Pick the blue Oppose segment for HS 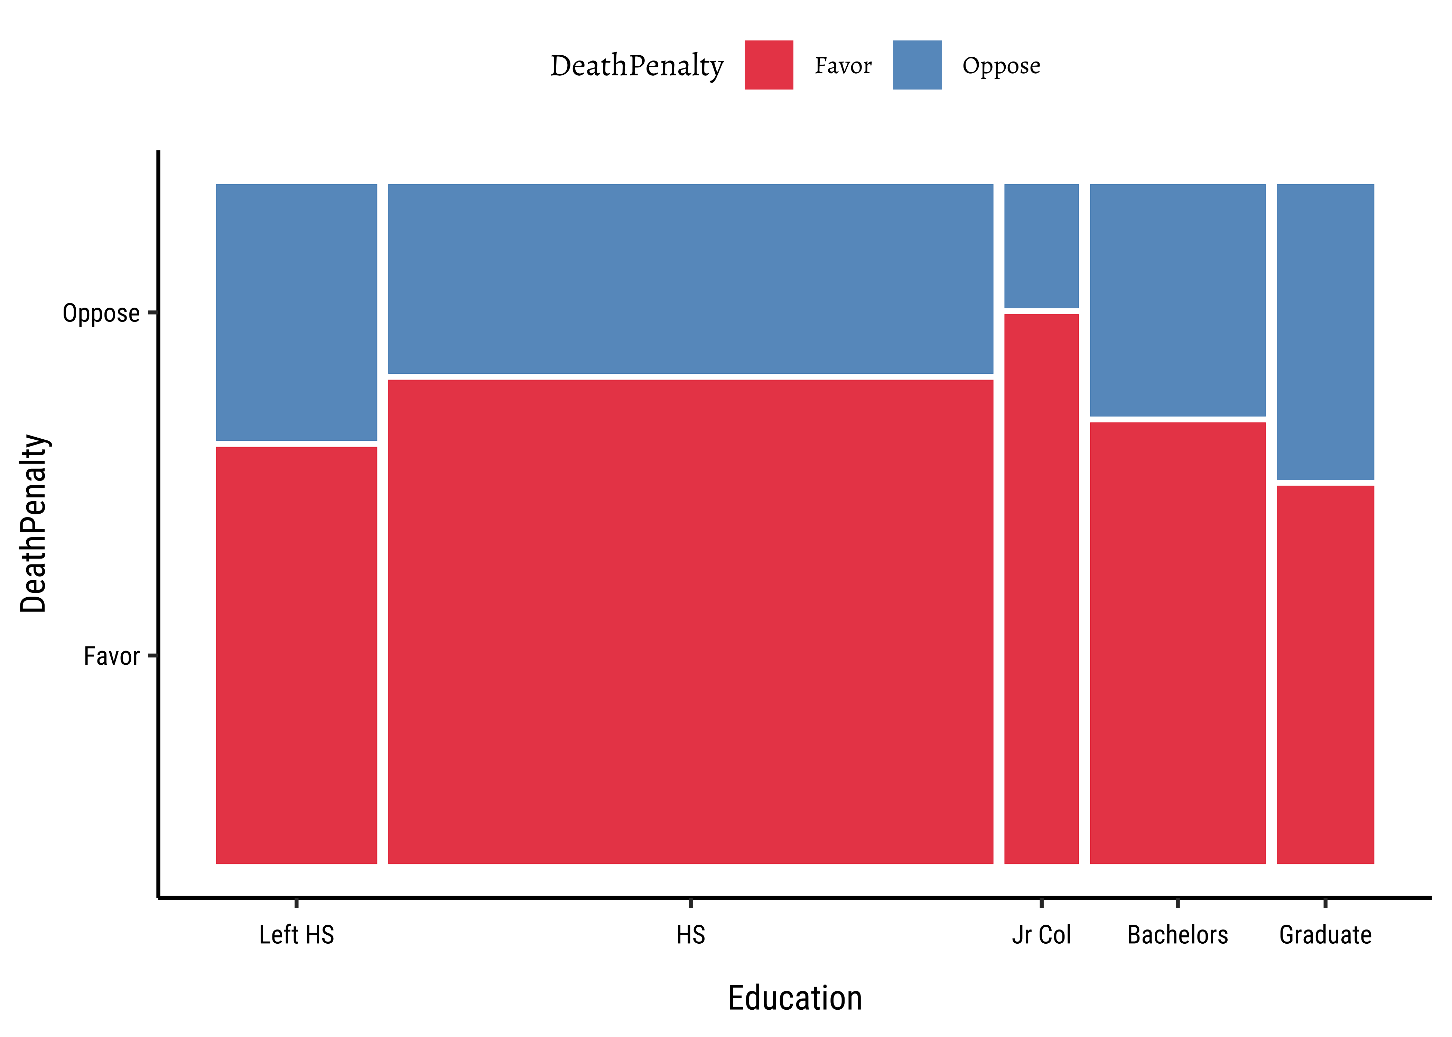click(x=690, y=278)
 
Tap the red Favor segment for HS click(x=690, y=621)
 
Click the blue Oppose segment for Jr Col click(x=1041, y=246)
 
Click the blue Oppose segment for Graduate click(x=1325, y=331)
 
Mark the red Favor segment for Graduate click(x=1325, y=674)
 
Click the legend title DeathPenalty click(x=636, y=66)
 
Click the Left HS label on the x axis click(x=296, y=935)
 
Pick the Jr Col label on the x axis click(x=1041, y=935)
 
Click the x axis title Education click(x=794, y=998)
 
